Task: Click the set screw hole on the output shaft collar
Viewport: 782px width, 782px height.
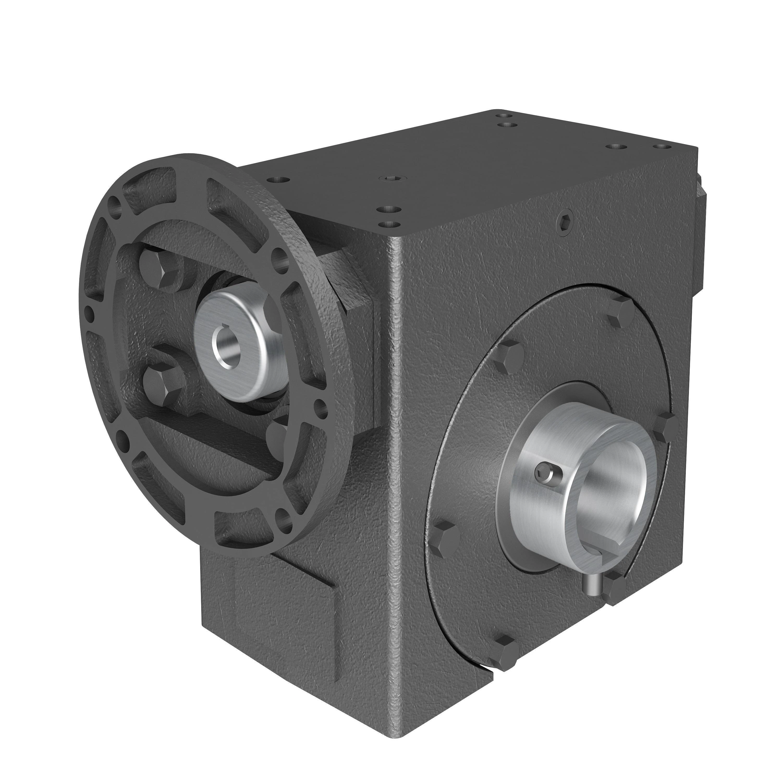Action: point(543,473)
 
